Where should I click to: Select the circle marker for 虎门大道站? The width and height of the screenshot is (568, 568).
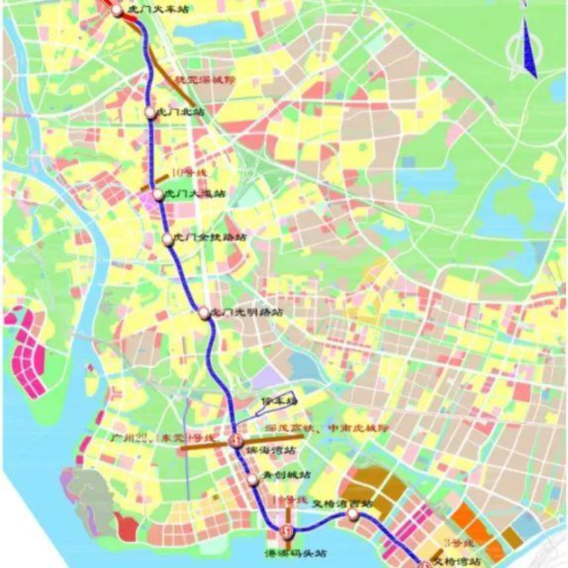158,194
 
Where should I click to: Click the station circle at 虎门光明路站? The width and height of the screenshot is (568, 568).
204,312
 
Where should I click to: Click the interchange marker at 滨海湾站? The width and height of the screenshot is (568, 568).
236,441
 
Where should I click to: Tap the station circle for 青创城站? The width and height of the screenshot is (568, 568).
253,480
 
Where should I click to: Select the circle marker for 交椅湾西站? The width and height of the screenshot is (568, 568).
352,513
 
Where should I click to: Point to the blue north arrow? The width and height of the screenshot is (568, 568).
530,46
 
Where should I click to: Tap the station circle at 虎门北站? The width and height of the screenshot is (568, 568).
150,112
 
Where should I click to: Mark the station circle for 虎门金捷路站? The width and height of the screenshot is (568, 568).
168,239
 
